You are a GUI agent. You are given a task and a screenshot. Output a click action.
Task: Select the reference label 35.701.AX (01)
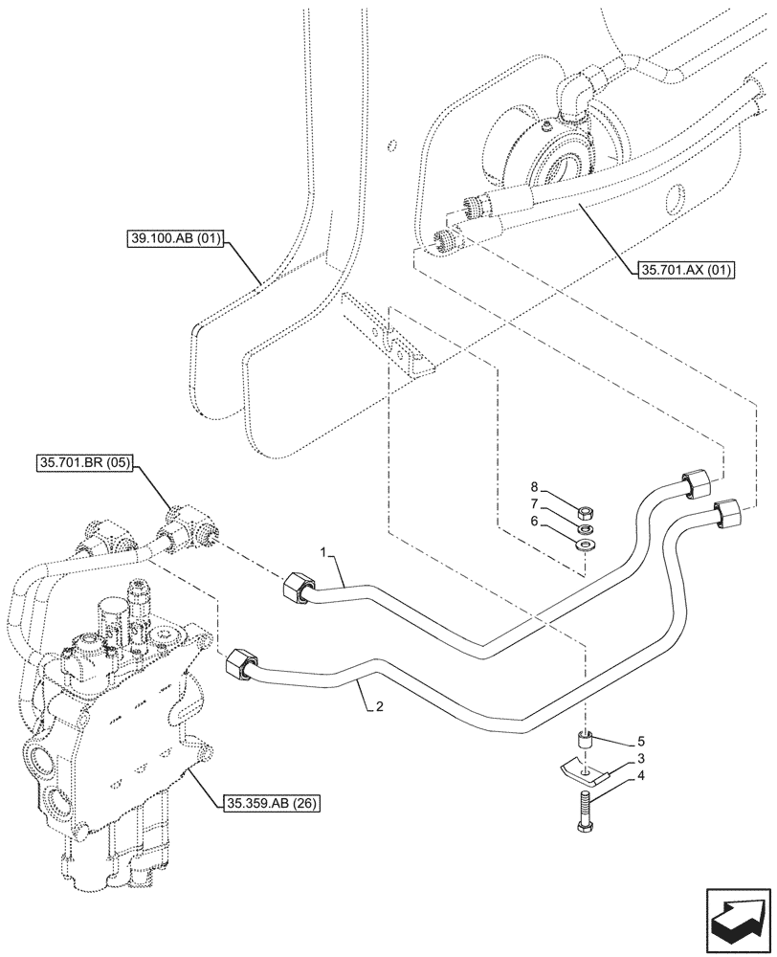point(683,270)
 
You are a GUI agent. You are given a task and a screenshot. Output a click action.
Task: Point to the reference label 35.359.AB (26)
point(272,802)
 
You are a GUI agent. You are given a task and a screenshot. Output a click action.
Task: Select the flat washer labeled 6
point(585,545)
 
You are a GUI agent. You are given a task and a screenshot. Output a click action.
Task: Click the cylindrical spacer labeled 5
point(585,741)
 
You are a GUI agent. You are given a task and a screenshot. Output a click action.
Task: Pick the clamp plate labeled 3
point(583,768)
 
